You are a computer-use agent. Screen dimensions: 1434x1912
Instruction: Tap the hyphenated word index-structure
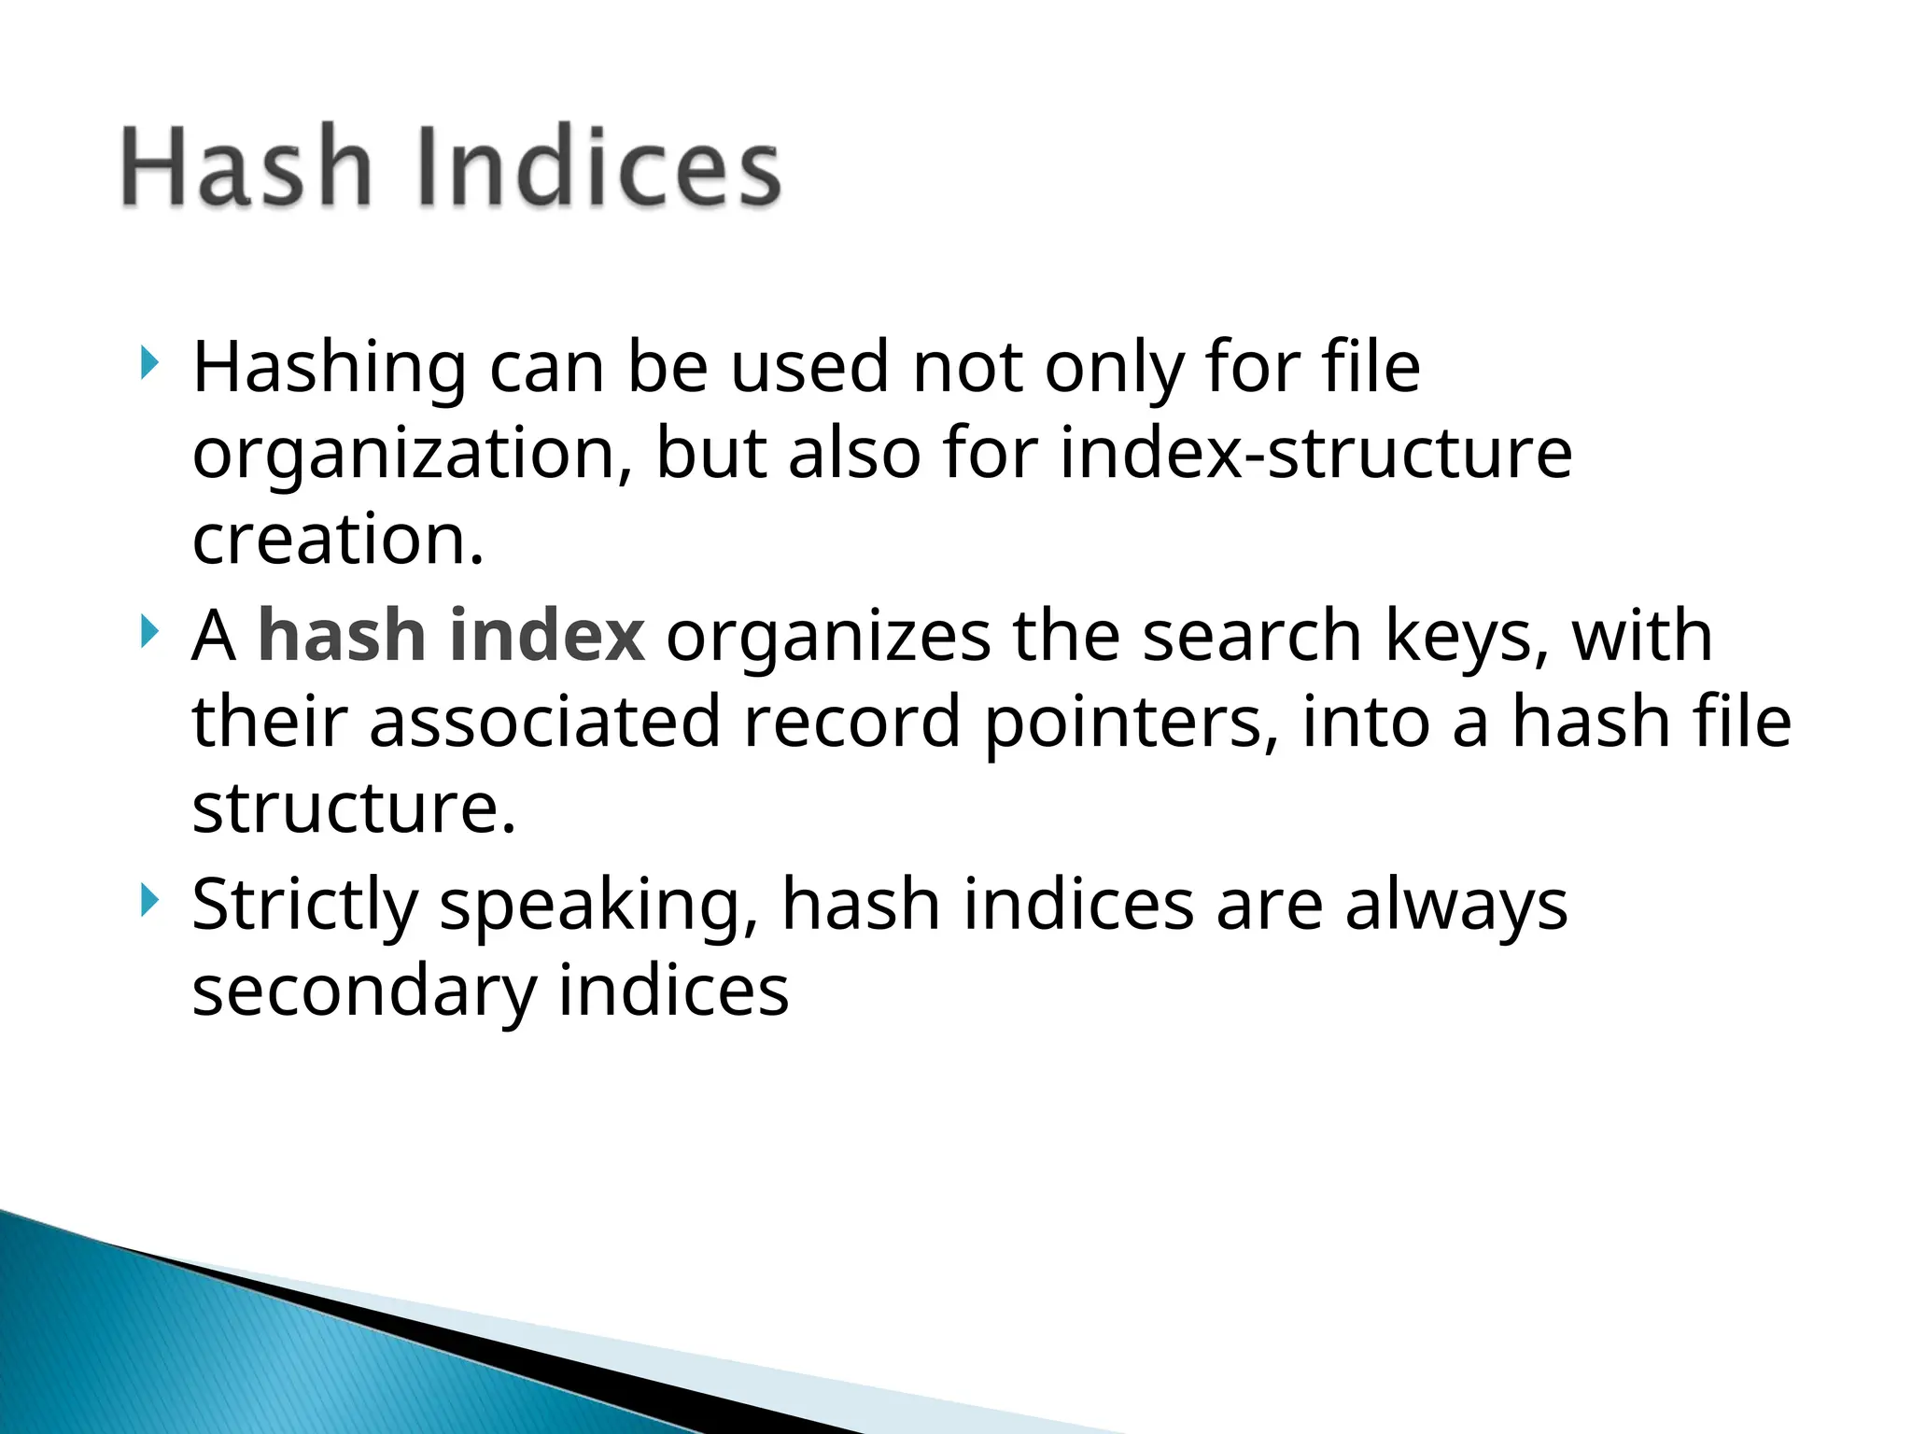click(x=1316, y=454)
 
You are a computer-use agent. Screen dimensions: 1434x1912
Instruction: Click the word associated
click(x=545, y=722)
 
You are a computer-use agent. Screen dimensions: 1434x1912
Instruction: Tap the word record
click(x=851, y=722)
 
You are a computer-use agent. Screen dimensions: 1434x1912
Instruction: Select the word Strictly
click(x=305, y=906)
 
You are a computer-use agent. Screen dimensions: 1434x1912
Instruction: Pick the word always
click(x=1456, y=906)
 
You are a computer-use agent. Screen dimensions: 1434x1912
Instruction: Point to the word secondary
click(x=364, y=991)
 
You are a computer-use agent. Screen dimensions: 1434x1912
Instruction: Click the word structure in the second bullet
click(x=353, y=808)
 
